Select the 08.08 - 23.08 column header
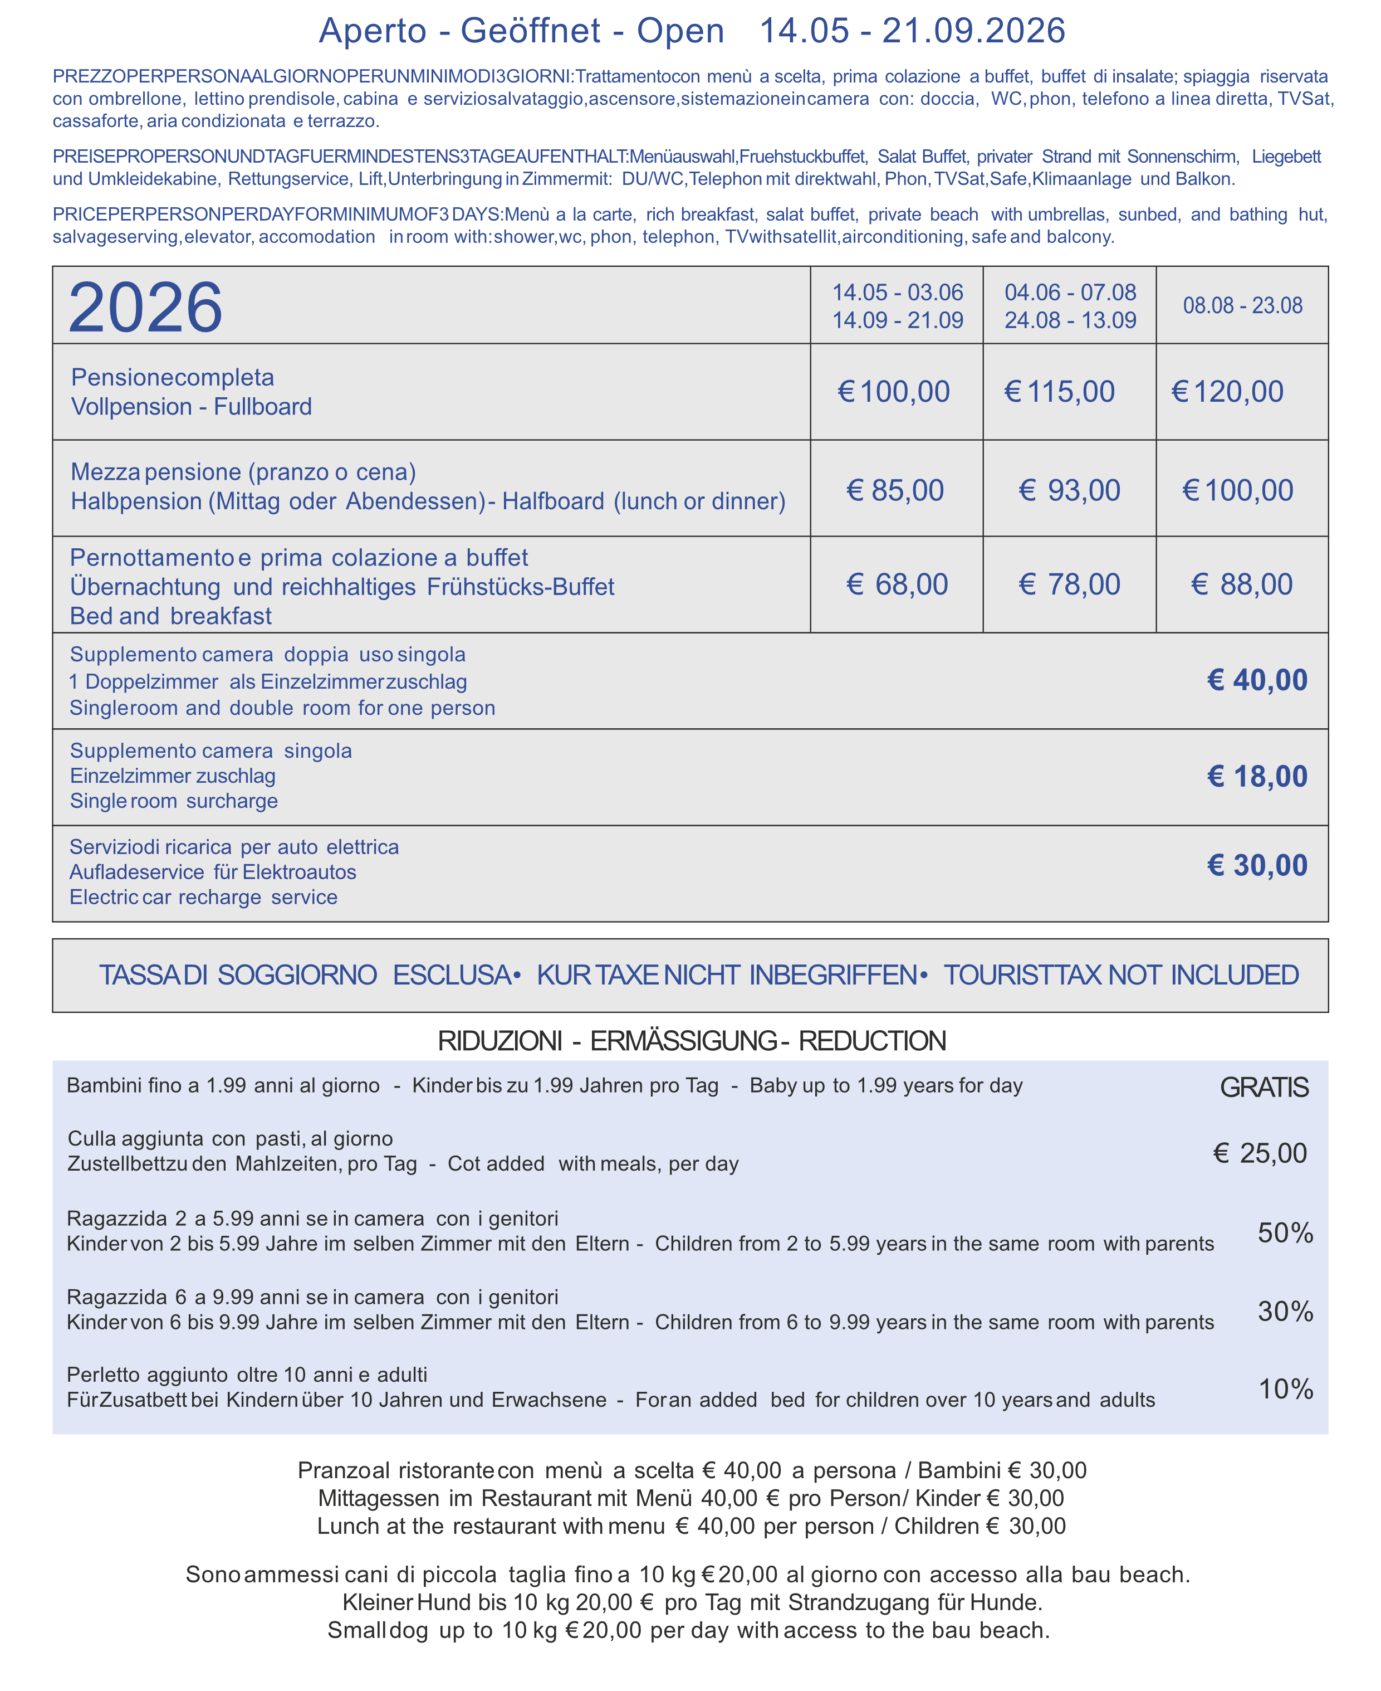pyautogui.click(x=1242, y=305)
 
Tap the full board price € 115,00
pyautogui.click(x=1060, y=392)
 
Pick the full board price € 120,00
pyautogui.click(x=1227, y=392)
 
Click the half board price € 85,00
pyautogui.click(x=895, y=490)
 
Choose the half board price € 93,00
pyautogui.click(x=1069, y=490)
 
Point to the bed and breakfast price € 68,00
pyautogui.click(x=897, y=584)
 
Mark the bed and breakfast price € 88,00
pyautogui.click(x=1242, y=584)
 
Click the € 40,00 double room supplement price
pyautogui.click(x=1257, y=680)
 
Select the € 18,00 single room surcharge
pyautogui.click(x=1257, y=777)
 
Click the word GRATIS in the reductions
pyautogui.click(x=1264, y=1087)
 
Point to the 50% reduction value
pyautogui.click(x=1285, y=1232)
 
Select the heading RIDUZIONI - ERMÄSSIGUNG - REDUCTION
pyautogui.click(x=691, y=1041)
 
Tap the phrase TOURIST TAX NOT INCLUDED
pyautogui.click(x=1121, y=975)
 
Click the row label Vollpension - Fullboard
pyautogui.click(x=191, y=407)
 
